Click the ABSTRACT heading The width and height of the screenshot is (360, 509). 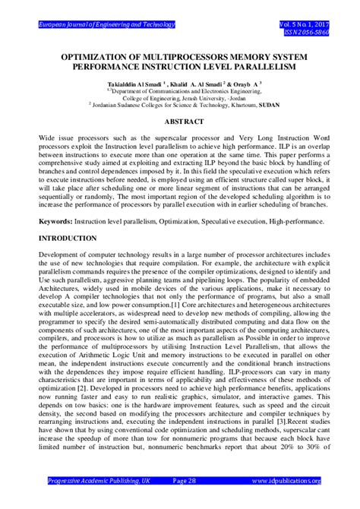tap(180, 122)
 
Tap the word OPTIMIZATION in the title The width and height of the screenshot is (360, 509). tap(98, 56)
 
